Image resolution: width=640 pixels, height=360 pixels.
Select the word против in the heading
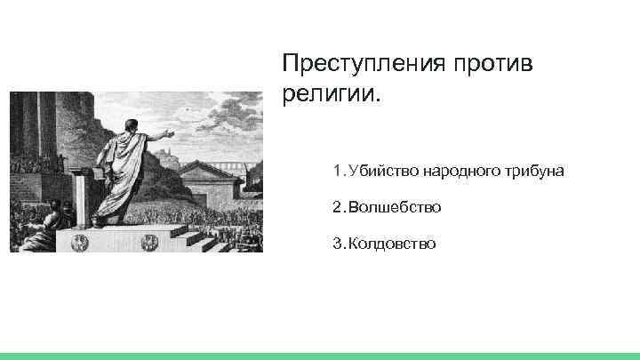498,65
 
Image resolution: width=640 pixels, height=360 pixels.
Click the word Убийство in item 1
380,170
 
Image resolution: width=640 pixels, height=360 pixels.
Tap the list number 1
338,170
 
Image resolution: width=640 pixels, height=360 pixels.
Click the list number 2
338,206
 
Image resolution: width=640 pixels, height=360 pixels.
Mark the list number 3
338,243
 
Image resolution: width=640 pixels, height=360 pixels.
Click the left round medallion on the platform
79,240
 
